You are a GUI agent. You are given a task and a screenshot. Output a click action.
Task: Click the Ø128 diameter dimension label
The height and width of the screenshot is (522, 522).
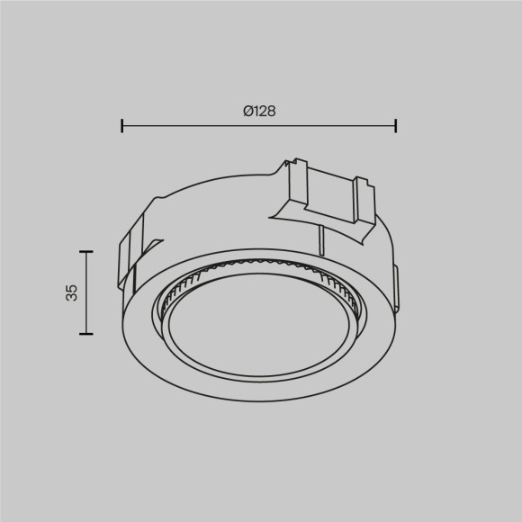(x=258, y=112)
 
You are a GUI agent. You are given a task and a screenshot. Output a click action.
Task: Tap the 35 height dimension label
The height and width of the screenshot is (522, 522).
(x=72, y=292)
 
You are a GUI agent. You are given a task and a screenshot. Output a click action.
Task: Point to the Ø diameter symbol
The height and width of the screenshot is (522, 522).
(x=247, y=112)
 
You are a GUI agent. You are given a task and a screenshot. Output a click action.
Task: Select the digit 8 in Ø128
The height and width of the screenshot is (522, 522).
(x=270, y=112)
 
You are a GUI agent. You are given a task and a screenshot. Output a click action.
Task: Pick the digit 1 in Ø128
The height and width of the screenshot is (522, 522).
(x=255, y=112)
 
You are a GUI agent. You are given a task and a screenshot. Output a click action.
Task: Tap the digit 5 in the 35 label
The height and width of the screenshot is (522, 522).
(x=72, y=288)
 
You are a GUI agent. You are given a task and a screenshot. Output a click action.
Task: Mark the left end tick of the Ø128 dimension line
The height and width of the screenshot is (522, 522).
(x=122, y=125)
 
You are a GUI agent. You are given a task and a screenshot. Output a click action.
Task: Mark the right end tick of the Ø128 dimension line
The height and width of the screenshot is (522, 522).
(x=396, y=125)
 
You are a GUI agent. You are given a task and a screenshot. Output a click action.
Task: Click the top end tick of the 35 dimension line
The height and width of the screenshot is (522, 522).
(x=85, y=251)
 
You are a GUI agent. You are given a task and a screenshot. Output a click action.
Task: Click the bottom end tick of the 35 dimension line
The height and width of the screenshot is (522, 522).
(x=85, y=334)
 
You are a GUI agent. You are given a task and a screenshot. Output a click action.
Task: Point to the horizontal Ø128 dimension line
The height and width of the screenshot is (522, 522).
(x=259, y=125)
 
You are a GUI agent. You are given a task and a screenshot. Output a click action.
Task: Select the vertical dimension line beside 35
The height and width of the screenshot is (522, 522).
(x=85, y=292)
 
